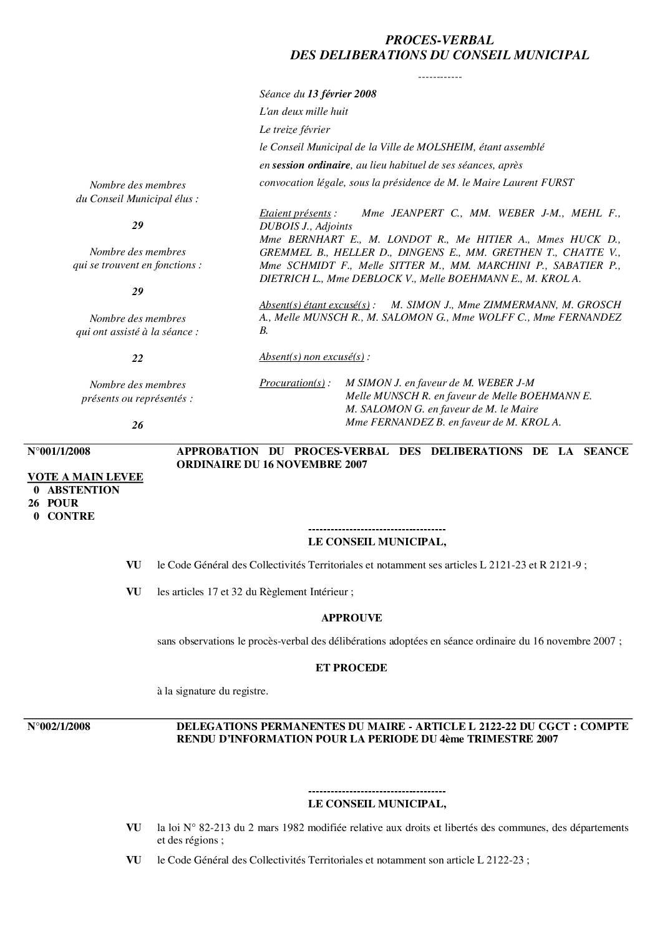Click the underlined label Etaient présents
(295, 213)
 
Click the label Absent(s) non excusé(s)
(312, 357)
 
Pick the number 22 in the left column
(137, 358)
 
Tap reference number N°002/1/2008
(59, 726)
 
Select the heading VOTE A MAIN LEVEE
(85, 477)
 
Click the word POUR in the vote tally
(63, 503)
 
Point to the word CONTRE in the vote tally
(71, 516)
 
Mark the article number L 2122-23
(502, 860)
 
